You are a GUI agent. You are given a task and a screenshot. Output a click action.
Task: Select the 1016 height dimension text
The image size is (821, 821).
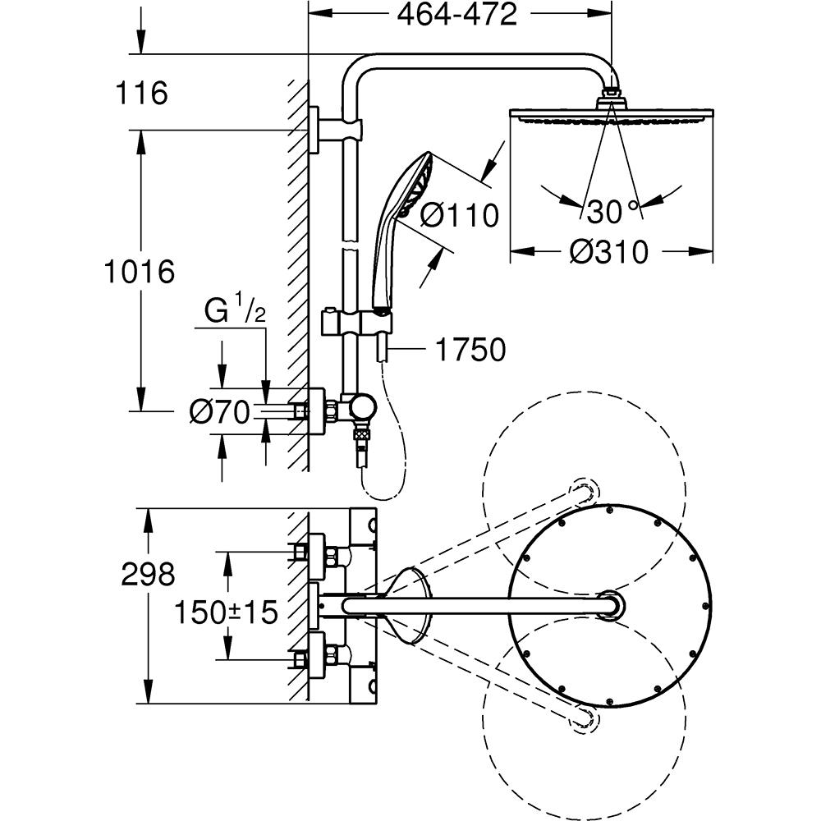point(140,270)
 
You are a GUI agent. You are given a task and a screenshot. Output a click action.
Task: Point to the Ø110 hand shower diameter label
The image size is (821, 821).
point(459,215)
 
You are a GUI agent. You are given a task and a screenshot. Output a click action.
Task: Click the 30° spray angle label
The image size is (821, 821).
point(612,213)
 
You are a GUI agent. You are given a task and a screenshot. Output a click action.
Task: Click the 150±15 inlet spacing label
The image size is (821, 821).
point(225,612)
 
